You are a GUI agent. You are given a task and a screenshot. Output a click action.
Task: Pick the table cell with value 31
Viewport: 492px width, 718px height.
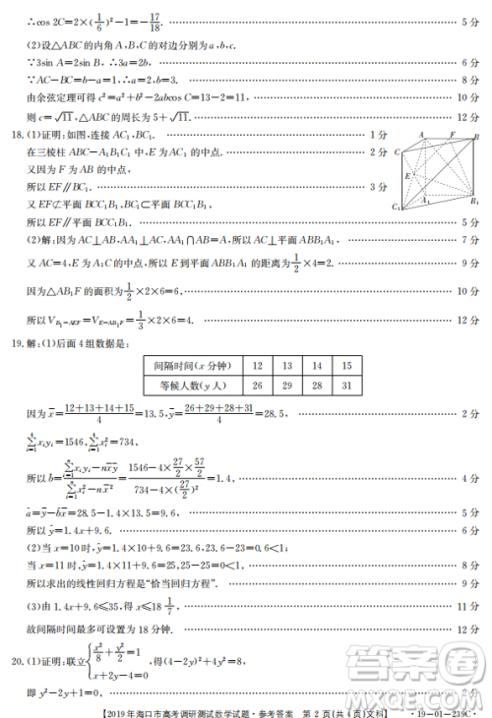[x=346, y=386]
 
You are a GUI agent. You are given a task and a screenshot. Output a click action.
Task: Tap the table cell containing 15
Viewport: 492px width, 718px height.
[x=346, y=366]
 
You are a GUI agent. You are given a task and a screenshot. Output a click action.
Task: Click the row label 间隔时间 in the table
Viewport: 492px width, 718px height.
[x=191, y=366]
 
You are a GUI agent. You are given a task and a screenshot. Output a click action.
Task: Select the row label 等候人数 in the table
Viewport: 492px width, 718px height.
[x=191, y=386]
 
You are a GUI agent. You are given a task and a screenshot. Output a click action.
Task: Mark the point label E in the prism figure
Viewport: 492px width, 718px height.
[x=405, y=174]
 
